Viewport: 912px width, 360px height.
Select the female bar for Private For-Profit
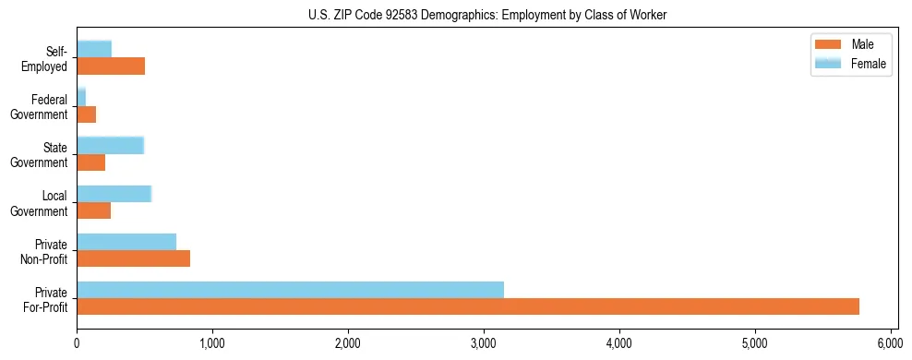[x=290, y=290]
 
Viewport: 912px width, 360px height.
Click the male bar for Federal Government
[x=86, y=114]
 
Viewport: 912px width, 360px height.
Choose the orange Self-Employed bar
[x=111, y=66]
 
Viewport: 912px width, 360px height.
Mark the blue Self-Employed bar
[x=94, y=49]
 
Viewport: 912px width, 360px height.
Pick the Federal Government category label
[x=40, y=107]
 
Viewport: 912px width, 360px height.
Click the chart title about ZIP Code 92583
[x=486, y=16]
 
